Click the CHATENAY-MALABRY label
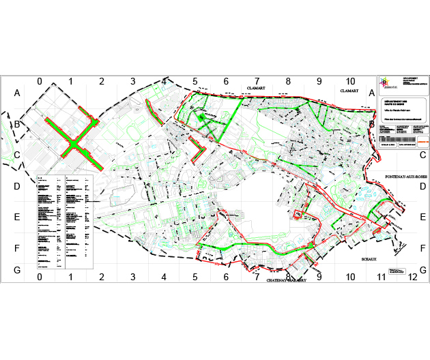(x=287, y=280)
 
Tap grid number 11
(x=381, y=277)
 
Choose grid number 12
(x=412, y=277)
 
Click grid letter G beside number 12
(x=423, y=270)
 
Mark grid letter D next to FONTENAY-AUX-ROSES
(x=422, y=186)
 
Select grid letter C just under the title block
(x=422, y=155)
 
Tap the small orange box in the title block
(x=422, y=142)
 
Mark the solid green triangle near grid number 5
(x=201, y=117)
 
